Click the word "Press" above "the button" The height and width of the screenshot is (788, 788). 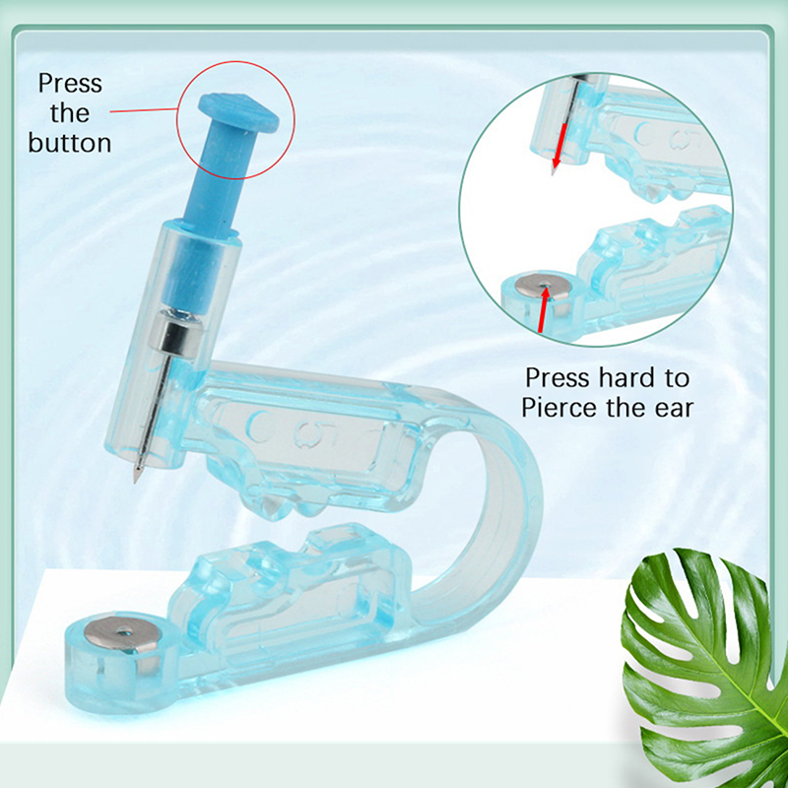click(x=70, y=83)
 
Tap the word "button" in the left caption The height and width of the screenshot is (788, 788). click(x=69, y=142)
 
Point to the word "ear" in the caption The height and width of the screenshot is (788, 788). click(x=675, y=408)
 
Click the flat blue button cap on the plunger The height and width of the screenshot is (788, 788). click(x=238, y=112)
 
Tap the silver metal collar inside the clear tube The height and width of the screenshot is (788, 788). click(x=179, y=332)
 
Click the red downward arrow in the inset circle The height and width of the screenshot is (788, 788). click(x=560, y=146)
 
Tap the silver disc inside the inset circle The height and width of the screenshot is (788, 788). click(x=543, y=288)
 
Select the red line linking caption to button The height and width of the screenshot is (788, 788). click(x=144, y=110)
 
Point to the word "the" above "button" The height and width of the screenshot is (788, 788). click(x=70, y=112)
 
